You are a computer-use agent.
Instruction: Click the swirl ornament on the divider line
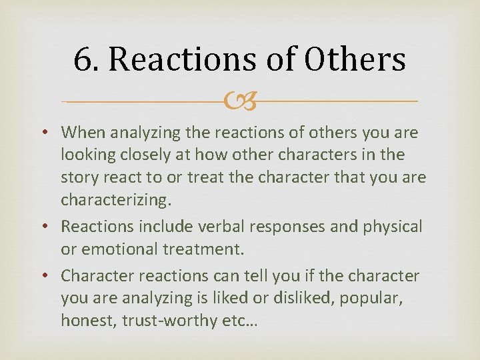pos(240,101)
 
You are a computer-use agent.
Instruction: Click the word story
pos(80,179)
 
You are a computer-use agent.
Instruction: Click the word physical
pos(393,227)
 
